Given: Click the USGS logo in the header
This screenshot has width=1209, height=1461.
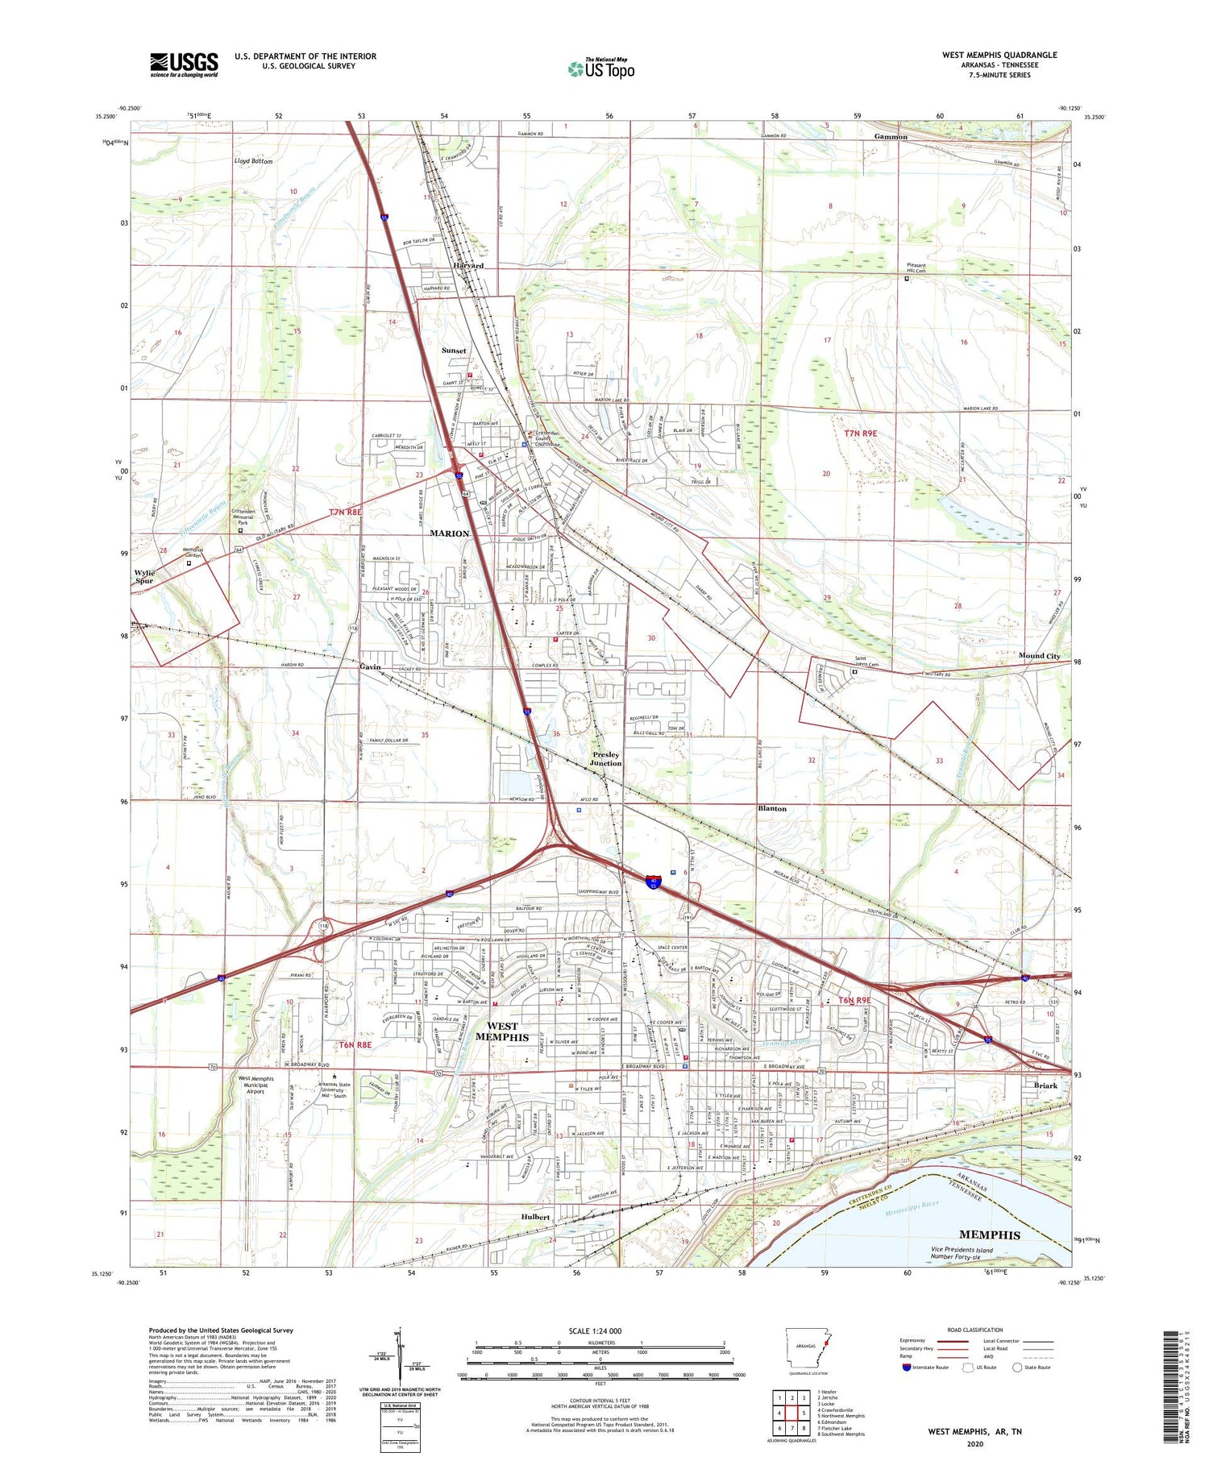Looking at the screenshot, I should (x=184, y=64).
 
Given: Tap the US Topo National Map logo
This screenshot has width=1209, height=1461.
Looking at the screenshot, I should (x=601, y=68).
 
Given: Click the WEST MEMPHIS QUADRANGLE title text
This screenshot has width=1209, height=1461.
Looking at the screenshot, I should (x=999, y=56).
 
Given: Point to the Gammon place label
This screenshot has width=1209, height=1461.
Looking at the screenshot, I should (x=891, y=137).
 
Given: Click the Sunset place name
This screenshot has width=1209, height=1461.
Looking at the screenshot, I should (x=454, y=351).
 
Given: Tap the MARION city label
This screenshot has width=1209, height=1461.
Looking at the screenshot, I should (x=449, y=533).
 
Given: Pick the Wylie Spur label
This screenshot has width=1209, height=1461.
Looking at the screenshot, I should (x=144, y=576).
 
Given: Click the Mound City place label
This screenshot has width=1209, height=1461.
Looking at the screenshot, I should (x=1039, y=656).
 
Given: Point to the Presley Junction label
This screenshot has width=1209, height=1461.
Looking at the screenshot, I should (x=605, y=759).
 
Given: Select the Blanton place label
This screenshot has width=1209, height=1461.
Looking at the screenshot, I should (x=772, y=808).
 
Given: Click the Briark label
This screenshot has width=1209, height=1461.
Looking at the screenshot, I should (x=1045, y=1085).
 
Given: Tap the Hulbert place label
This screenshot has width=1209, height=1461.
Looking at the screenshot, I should (x=535, y=1217).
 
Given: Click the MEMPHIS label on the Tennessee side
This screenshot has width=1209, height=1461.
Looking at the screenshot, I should (x=989, y=1235).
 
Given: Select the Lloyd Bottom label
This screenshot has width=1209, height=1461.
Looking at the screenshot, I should (x=253, y=161).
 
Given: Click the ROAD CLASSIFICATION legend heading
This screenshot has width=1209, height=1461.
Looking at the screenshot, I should (x=975, y=1330).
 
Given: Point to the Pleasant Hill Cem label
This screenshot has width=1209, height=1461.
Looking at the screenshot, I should (x=916, y=268).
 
